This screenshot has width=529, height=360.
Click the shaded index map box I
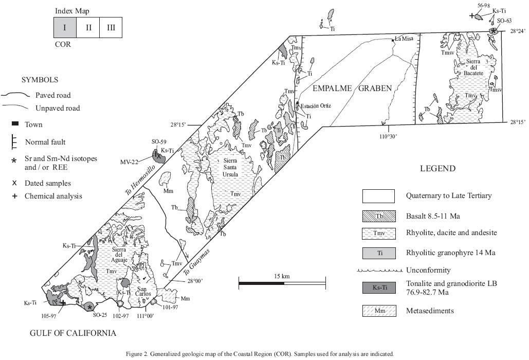65,27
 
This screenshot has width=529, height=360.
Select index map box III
111,27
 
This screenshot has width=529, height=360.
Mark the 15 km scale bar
282,282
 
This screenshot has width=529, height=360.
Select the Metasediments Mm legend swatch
378,310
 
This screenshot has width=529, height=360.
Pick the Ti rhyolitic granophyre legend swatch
378,253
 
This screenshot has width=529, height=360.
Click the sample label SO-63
504,21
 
